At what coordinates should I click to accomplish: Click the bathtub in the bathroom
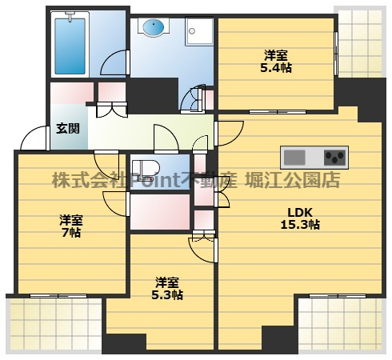click(x=73, y=44)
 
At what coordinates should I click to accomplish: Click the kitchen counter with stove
click(x=314, y=155)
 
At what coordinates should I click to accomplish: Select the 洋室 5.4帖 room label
click(x=277, y=62)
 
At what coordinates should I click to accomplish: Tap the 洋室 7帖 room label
click(x=70, y=226)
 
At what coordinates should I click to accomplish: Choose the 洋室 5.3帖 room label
click(x=168, y=288)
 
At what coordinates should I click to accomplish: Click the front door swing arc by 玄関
click(x=34, y=140)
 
